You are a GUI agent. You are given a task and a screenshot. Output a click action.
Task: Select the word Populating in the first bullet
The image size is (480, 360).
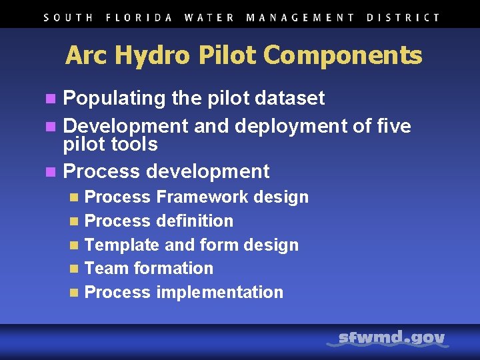pyautogui.click(x=114, y=99)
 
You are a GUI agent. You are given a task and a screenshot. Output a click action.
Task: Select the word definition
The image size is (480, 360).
pyautogui.click(x=195, y=221)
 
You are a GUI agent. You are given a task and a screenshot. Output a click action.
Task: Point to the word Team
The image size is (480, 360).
pyautogui.click(x=107, y=268)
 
